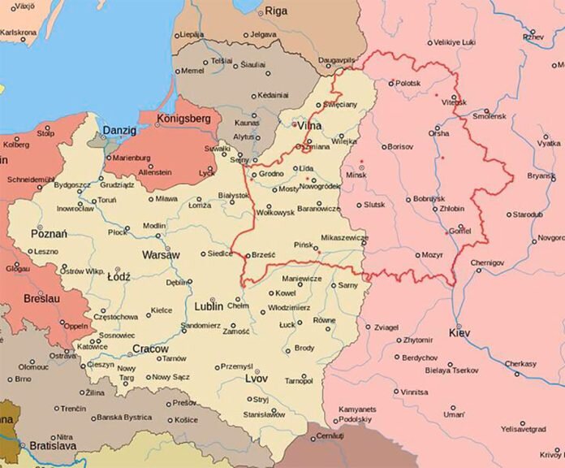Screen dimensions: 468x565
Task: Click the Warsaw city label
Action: click(x=162, y=254)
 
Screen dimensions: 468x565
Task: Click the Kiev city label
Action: click(x=459, y=332)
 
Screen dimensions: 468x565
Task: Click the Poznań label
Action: click(x=47, y=234)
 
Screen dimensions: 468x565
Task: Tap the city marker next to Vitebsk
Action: click(x=453, y=99)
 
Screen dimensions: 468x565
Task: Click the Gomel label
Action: click(x=459, y=231)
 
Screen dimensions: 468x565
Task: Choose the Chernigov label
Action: click(x=487, y=263)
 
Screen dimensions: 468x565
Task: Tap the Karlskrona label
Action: click(x=19, y=32)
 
